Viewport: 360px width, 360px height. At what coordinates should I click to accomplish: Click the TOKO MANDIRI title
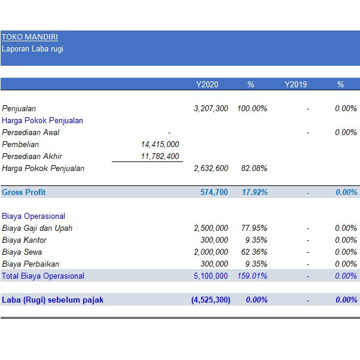(x=30, y=37)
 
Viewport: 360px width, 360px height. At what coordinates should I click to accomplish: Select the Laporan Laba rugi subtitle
(x=32, y=49)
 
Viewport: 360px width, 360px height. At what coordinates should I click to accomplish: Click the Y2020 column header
(x=207, y=84)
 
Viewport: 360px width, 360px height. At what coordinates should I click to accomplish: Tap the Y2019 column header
(x=295, y=84)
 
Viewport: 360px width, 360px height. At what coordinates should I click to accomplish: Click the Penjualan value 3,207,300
(x=211, y=109)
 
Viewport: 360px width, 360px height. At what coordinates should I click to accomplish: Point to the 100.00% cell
(x=252, y=109)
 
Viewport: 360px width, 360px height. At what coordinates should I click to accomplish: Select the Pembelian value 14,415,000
(x=160, y=144)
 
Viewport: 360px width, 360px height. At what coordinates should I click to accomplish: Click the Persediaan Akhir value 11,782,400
(x=160, y=156)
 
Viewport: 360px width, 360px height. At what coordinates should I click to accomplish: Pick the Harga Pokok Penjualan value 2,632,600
(x=211, y=168)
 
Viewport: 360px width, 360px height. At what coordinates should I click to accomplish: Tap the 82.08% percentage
(x=254, y=168)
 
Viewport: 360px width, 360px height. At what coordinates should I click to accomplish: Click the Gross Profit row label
(x=24, y=192)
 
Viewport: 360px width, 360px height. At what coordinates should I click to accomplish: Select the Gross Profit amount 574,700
(x=214, y=192)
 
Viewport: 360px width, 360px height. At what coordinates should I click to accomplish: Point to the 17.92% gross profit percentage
(x=254, y=192)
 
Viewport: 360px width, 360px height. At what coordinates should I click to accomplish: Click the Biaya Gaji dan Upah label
(x=38, y=228)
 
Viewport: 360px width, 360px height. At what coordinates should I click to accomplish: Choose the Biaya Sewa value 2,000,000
(x=211, y=252)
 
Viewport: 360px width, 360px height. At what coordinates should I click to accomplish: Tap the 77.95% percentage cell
(x=254, y=228)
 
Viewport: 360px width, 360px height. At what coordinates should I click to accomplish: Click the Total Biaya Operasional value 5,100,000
(x=211, y=276)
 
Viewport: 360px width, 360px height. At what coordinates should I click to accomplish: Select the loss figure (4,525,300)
(x=210, y=300)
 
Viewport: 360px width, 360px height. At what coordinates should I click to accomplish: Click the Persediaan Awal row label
(x=30, y=132)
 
